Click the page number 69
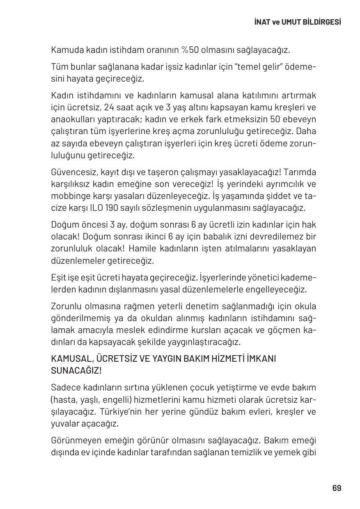pos(337,488)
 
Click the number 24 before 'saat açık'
pos(109,108)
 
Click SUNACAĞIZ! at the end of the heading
pos(76,371)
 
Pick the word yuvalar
pos(64,424)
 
